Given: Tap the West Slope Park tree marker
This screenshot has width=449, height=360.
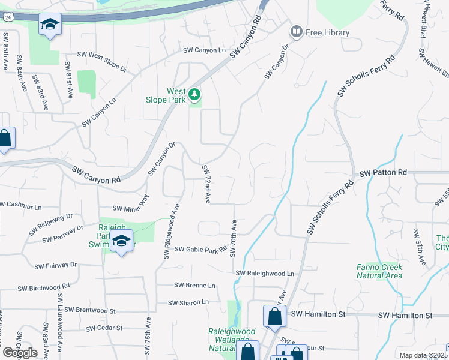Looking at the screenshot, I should coord(194,94).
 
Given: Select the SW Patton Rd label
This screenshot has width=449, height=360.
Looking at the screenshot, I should coord(383,173).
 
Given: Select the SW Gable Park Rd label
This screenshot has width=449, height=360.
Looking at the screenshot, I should coord(197,250).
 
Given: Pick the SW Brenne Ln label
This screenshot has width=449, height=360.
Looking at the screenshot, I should coord(194,286).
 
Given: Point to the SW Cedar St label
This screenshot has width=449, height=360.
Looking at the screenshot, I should coord(104,328).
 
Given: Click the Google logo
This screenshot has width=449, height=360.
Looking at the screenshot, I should coord(19,352).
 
